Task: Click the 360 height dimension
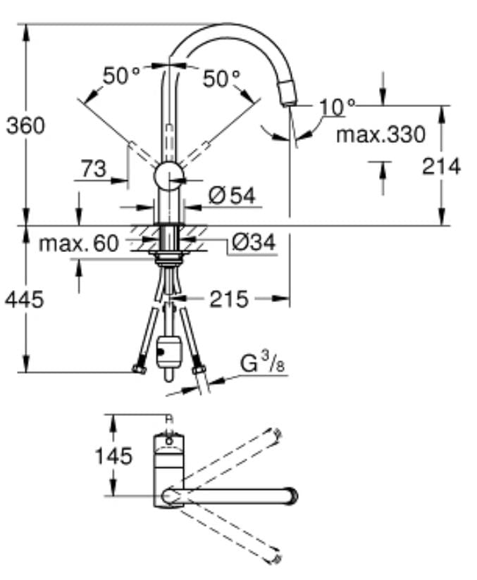(25, 125)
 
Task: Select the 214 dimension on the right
(442, 166)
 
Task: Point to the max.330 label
(380, 134)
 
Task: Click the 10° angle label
(337, 107)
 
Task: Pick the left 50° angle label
(121, 75)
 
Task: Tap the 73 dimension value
(93, 169)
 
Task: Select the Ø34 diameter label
(253, 244)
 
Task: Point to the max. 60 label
(78, 244)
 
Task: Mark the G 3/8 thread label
(257, 364)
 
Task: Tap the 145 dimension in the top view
(113, 455)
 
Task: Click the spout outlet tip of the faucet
(290, 96)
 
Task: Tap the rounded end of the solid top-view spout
(290, 495)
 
